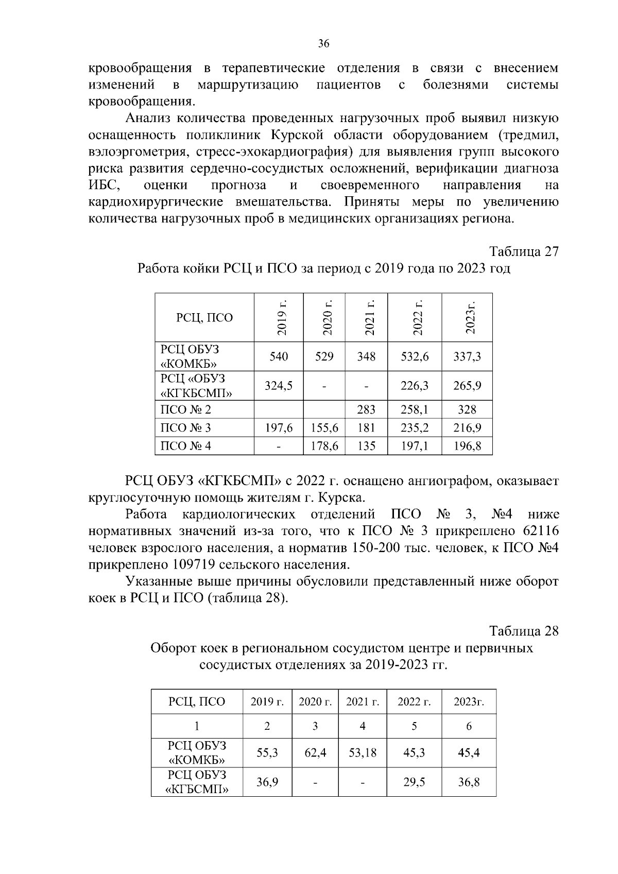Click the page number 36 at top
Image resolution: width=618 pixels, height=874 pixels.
pyautogui.click(x=323, y=44)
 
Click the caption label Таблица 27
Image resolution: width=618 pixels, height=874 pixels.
pyautogui.click(x=524, y=252)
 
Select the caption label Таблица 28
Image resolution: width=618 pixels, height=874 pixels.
pyautogui.click(x=524, y=631)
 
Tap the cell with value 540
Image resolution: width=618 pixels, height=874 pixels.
pyautogui.click(x=279, y=356)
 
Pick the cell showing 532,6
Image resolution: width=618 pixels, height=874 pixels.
pyautogui.click(x=415, y=356)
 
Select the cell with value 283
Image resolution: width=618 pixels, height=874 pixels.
pyautogui.click(x=366, y=410)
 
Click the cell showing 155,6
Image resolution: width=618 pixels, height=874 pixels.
pyautogui.click(x=324, y=428)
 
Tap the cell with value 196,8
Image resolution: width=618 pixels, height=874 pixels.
pyautogui.click(x=467, y=446)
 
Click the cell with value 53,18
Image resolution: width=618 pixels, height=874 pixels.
pyautogui.click(x=363, y=753)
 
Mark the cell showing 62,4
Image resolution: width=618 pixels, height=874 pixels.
pyautogui.click(x=315, y=753)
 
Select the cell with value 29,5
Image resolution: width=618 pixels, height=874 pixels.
pyautogui.click(x=414, y=782)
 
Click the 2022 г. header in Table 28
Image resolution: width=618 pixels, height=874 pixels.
pyautogui.click(x=414, y=702)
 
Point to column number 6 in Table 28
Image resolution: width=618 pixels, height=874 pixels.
pyautogui.click(x=469, y=726)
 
